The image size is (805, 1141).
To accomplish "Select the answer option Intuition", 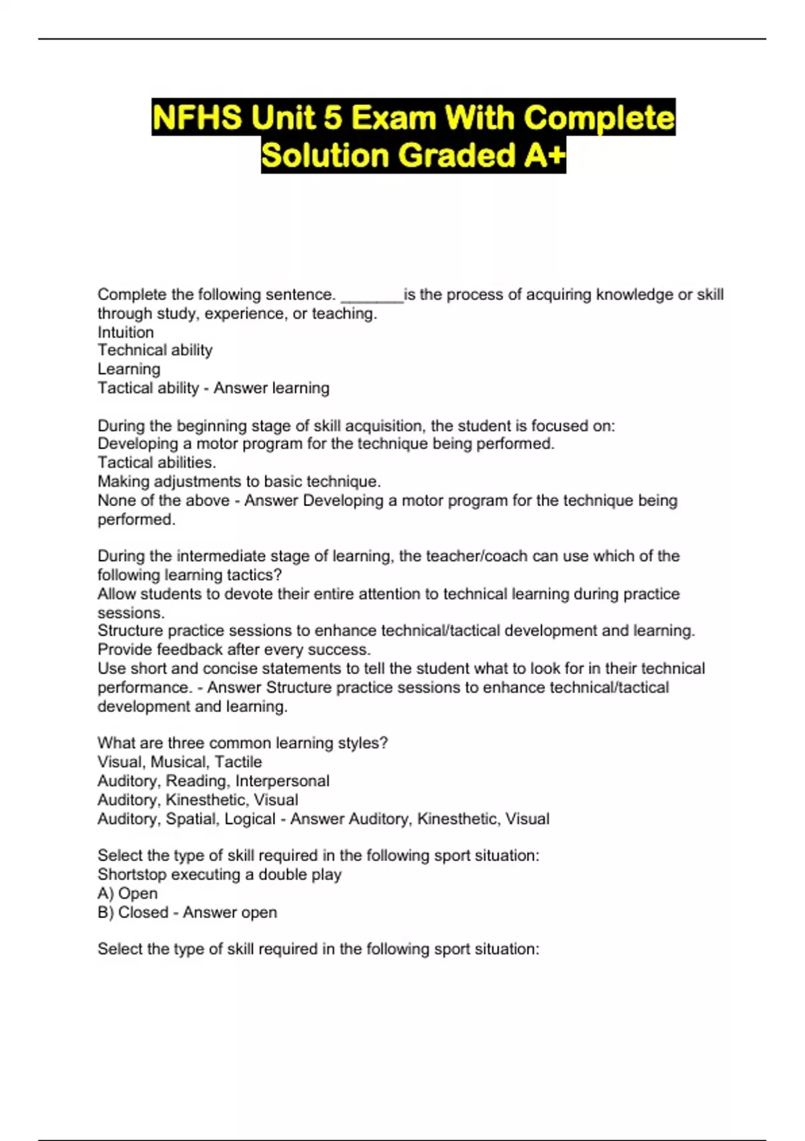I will pyautogui.click(x=125, y=332).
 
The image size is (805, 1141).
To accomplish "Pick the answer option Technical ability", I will pyautogui.click(x=155, y=350).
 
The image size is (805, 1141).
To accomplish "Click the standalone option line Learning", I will pyautogui.click(x=129, y=369).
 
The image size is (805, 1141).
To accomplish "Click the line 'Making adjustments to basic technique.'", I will pyautogui.click(x=239, y=481).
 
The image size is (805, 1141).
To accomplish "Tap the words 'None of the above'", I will pyautogui.click(x=164, y=501).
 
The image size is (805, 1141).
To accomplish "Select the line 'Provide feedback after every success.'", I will pyautogui.click(x=234, y=650).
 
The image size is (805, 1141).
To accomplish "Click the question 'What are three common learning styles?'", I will pyautogui.click(x=242, y=743).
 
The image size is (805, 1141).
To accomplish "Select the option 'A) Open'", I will pyautogui.click(x=127, y=893).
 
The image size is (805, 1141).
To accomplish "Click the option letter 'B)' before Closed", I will pyautogui.click(x=105, y=913).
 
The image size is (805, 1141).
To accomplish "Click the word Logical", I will pyautogui.click(x=250, y=819).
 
